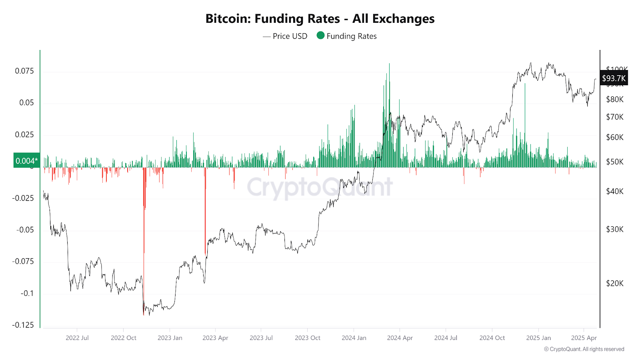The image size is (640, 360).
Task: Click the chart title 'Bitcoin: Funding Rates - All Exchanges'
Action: coord(320,19)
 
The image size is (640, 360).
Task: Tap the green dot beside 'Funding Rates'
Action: coord(320,35)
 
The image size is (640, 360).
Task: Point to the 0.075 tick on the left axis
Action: coord(24,71)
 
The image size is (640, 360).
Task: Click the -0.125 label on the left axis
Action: coord(23,325)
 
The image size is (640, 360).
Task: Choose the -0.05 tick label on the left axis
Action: coord(25,230)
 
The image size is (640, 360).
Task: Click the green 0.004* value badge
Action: coord(26,160)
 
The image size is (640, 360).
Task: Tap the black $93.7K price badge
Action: coord(614,78)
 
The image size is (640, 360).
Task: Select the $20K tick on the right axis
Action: coord(614,283)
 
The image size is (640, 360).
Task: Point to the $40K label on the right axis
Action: coord(614,191)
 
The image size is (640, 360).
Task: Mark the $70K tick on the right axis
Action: coord(614,117)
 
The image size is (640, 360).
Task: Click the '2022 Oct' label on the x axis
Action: coord(123,338)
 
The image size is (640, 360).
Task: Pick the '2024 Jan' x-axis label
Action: coord(354,338)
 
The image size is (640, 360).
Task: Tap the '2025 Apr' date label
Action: coord(584,338)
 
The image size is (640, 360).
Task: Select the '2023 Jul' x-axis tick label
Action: coord(261,338)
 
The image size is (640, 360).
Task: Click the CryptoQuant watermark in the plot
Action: coord(320,187)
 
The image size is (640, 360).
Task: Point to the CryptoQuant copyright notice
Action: coord(584,349)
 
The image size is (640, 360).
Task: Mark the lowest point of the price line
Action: coord(143,314)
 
